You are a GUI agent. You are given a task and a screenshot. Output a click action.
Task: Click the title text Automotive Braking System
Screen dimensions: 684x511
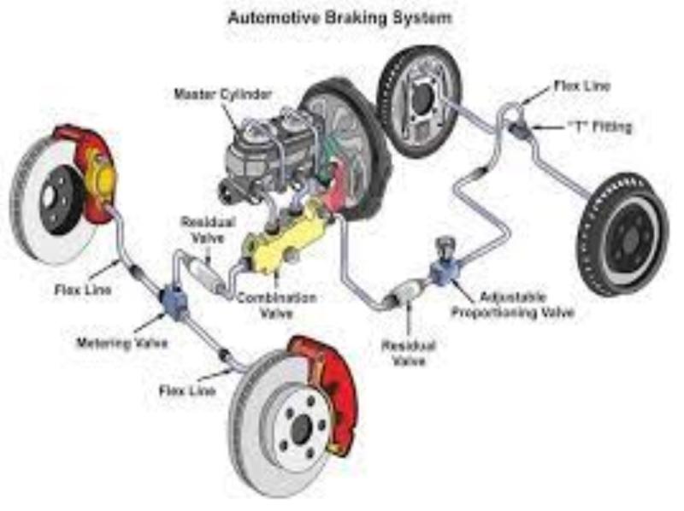click(339, 18)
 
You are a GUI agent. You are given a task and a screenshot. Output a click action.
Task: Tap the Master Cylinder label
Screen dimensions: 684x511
click(222, 94)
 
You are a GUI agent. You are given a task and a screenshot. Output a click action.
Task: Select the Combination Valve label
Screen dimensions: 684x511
click(276, 305)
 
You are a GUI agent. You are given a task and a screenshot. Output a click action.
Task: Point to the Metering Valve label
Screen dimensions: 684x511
click(122, 344)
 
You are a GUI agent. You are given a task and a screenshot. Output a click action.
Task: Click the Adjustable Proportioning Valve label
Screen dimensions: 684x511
click(512, 305)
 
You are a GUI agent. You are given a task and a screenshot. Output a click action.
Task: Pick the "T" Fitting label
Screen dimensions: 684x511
click(599, 126)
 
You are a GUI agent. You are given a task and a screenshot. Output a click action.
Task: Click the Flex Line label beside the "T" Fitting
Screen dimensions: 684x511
click(581, 86)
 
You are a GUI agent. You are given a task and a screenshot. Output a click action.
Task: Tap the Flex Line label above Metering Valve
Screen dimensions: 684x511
click(83, 290)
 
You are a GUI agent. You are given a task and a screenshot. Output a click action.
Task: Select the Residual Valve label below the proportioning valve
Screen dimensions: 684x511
click(409, 353)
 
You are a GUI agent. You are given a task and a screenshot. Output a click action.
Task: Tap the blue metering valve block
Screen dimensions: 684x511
click(174, 300)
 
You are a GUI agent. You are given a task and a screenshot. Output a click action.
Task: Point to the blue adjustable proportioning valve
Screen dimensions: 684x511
click(445, 268)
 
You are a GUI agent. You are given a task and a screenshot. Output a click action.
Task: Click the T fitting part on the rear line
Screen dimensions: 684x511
click(519, 129)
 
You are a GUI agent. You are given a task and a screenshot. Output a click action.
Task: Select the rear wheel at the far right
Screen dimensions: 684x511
click(623, 236)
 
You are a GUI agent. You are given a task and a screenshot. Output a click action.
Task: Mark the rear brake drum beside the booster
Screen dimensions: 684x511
click(419, 103)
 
